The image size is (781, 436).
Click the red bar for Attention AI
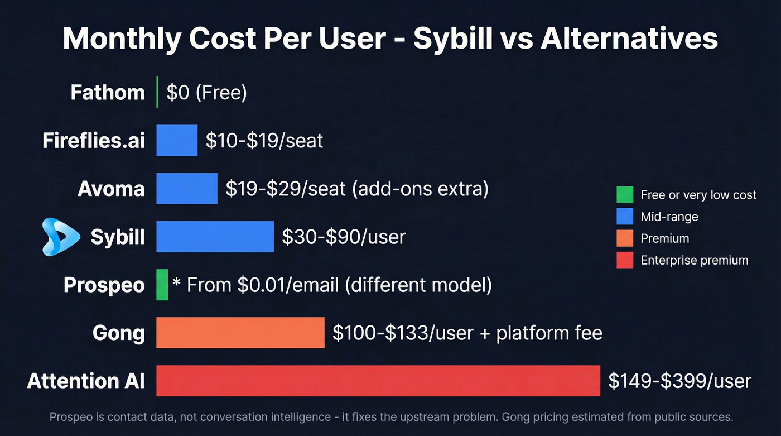point(378,381)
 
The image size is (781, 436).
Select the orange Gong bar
point(240,333)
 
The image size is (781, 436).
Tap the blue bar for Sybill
point(215,237)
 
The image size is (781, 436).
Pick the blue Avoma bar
point(186,189)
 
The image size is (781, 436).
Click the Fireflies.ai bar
point(177,140)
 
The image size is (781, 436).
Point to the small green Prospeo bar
point(162,285)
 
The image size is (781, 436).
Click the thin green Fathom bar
point(157,92)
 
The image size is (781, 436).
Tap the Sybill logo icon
point(61,237)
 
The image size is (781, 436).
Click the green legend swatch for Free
point(625,195)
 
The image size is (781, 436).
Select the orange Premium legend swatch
point(625,238)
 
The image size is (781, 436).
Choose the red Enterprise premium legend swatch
point(625,260)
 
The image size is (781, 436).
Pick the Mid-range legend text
point(669,217)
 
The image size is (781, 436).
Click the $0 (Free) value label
point(206,92)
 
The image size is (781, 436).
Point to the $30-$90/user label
point(344,237)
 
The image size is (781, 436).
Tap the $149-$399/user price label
point(679,381)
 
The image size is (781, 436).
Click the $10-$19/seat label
point(264,140)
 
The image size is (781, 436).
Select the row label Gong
point(118,333)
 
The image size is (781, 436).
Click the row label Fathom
point(108,92)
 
